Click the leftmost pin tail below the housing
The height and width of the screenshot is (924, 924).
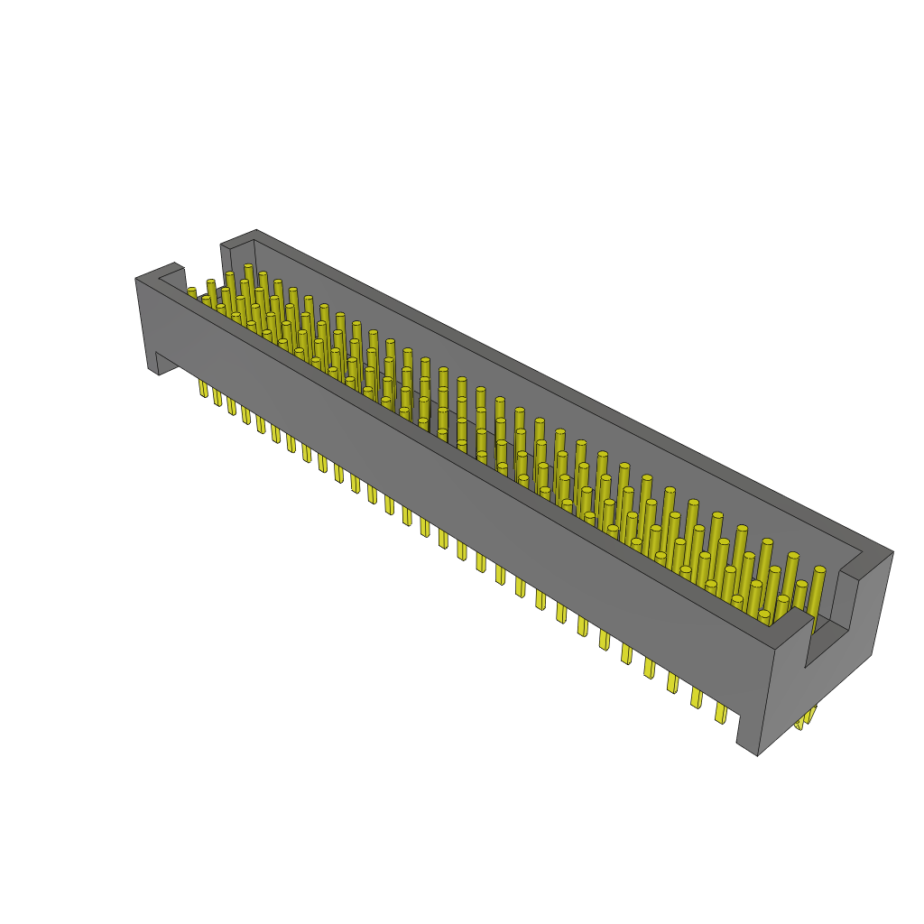203,389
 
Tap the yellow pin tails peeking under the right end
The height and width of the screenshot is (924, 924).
804,718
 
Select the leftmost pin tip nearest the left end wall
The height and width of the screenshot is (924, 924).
191,291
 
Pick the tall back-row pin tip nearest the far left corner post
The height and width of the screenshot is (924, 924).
248,267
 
